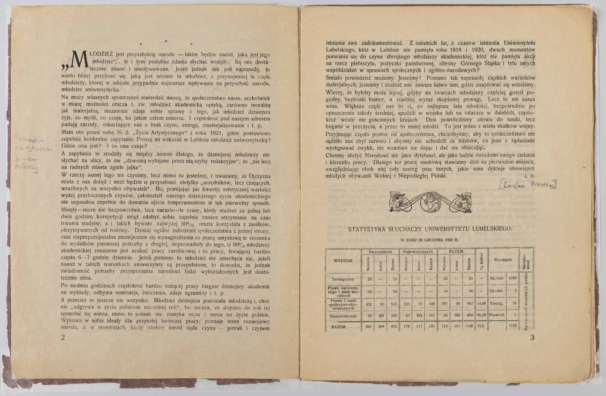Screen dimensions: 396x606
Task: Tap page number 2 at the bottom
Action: [63, 337]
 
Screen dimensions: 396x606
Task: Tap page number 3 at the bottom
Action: [532, 337]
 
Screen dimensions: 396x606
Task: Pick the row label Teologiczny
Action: [343, 279]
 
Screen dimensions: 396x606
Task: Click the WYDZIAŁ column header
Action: [343, 261]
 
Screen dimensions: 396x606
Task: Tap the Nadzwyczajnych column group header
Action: [419, 252]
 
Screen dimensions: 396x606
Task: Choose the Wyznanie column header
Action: [503, 260]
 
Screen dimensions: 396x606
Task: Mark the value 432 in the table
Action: [368, 304]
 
